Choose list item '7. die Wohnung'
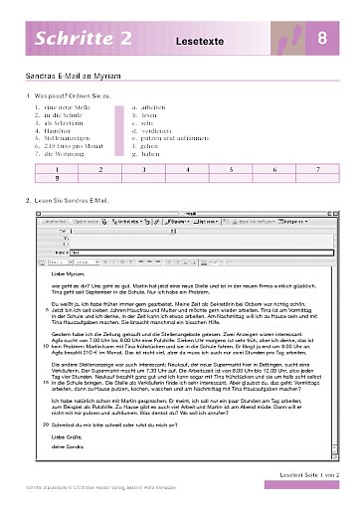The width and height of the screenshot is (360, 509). coord(62,157)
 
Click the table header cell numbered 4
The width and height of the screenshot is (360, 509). coord(187,171)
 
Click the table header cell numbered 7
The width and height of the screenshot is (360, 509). coord(317,171)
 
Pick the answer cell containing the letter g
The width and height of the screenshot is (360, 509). coord(57,180)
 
